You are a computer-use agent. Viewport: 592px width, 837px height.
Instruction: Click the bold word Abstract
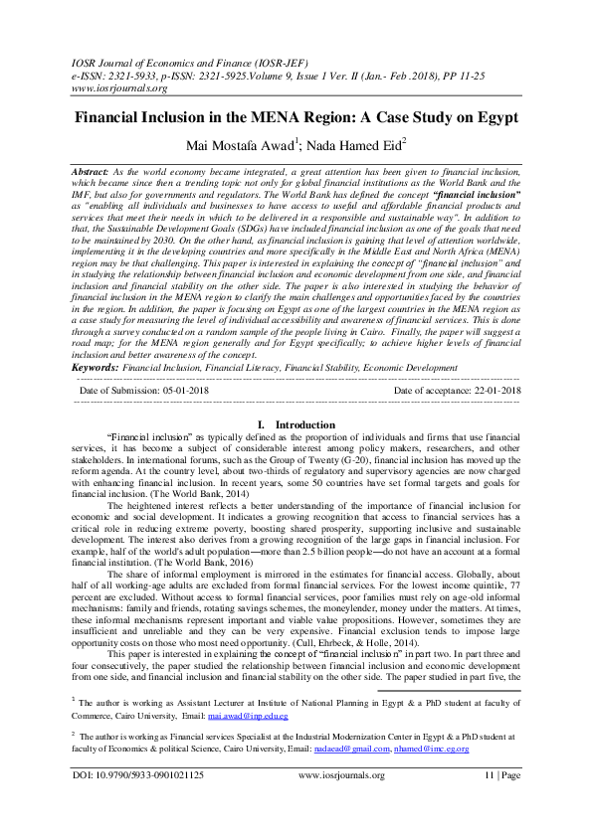click(91, 172)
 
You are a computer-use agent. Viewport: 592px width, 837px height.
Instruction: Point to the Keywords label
click(96, 368)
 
